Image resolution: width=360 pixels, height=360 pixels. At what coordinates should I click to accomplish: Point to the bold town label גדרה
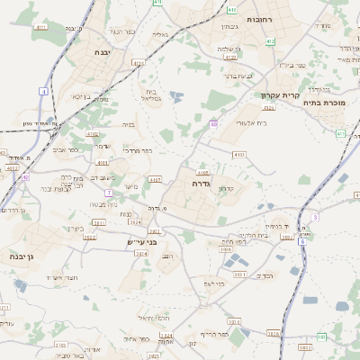(201, 183)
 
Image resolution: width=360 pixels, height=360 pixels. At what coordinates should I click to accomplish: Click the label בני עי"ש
(141, 242)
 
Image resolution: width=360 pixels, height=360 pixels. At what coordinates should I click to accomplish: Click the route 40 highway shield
(213, 124)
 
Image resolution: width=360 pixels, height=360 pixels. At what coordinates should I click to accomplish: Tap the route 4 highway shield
(43, 92)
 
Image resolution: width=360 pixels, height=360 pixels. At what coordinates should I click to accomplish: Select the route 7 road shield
(108, 193)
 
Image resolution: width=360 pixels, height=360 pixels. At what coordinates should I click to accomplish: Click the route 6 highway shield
(302, 241)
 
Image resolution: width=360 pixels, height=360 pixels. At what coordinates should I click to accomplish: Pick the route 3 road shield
(315, 217)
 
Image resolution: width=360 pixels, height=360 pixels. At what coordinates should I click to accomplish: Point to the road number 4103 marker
(238, 155)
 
